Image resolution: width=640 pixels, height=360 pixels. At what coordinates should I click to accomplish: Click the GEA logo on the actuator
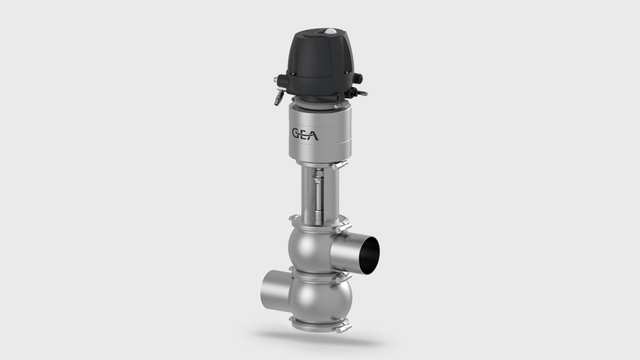click(x=304, y=134)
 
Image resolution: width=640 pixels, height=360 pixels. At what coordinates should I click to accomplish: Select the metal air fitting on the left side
click(x=278, y=96)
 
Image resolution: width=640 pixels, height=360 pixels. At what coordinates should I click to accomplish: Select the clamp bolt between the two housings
click(x=341, y=278)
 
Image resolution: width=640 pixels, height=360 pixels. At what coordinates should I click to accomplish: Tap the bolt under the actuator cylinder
click(x=334, y=166)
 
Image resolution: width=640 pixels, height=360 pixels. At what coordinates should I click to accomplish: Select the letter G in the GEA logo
click(x=295, y=134)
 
